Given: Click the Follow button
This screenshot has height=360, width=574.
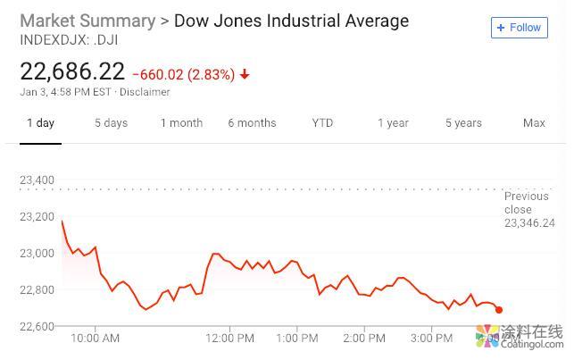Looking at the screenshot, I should (x=519, y=28).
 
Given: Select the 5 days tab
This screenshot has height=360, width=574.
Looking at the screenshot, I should (x=111, y=123).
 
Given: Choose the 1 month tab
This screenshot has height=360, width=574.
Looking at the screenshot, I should (x=181, y=123).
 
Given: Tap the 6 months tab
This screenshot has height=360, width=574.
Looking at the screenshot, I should (x=252, y=123).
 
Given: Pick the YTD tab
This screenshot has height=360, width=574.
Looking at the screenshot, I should (x=322, y=123).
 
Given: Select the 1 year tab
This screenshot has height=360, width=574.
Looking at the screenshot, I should (x=393, y=123).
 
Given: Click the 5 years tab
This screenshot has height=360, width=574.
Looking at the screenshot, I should (x=463, y=123).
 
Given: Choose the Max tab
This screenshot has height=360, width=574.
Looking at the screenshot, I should (x=534, y=123).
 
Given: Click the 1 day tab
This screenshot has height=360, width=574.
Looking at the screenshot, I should (x=40, y=123).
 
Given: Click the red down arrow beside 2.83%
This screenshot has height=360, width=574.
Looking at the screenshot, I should (x=245, y=74).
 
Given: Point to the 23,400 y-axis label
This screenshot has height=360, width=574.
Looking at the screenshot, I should (x=37, y=180).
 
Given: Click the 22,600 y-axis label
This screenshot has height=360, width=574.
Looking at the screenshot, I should (x=37, y=326).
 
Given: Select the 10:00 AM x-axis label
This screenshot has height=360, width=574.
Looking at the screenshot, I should (x=95, y=339).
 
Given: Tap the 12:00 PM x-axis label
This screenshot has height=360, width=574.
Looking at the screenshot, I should (x=229, y=339).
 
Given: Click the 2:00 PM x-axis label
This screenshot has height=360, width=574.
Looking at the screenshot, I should (x=364, y=339).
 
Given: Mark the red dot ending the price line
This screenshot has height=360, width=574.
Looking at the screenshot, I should (x=499, y=310).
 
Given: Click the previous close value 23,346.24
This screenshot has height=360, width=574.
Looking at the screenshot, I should (x=529, y=223).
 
